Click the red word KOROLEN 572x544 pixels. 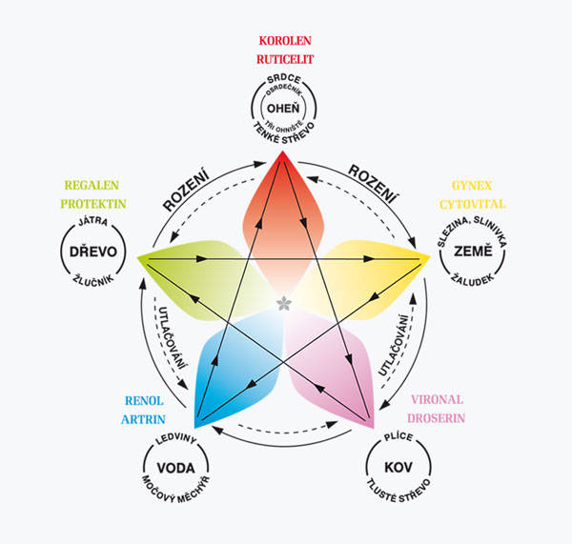(x=285, y=41)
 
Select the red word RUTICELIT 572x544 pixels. (x=285, y=59)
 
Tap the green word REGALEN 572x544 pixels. (x=92, y=185)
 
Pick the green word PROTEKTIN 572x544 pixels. (x=93, y=204)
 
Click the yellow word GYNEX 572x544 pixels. (x=472, y=186)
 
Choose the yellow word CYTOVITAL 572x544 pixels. (x=473, y=204)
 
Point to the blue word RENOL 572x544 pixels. (x=144, y=401)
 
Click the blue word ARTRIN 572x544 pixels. (x=143, y=419)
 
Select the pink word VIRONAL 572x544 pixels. (x=437, y=399)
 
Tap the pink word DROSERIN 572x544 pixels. (x=437, y=418)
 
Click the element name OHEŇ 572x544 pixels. (x=283, y=108)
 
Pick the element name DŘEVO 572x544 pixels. (x=93, y=252)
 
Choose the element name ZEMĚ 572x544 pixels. (x=473, y=251)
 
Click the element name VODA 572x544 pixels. (x=175, y=468)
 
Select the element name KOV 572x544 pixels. (x=398, y=468)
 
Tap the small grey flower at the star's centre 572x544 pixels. (x=283, y=303)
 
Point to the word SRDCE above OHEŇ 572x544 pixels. (x=284, y=79)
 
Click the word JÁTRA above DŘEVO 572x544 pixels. (x=93, y=221)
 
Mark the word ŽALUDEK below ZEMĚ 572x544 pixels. (x=473, y=279)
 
